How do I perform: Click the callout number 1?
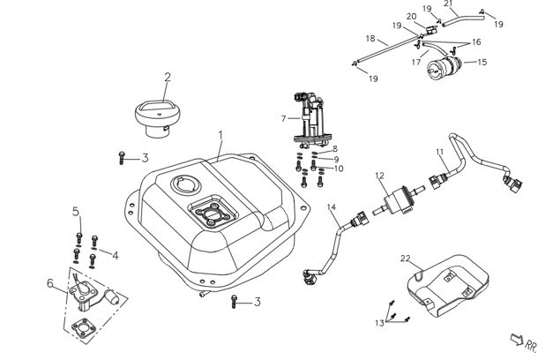click(221, 137)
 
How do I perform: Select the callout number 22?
click(405, 259)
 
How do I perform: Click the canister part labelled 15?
click(449, 67)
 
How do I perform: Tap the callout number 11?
click(440, 153)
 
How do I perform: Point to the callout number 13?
click(378, 324)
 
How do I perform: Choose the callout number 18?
click(370, 39)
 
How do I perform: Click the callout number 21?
click(448, 4)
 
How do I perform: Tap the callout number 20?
click(412, 16)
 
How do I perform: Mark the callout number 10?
click(340, 168)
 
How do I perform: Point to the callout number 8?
click(335, 148)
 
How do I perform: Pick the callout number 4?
click(115, 255)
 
